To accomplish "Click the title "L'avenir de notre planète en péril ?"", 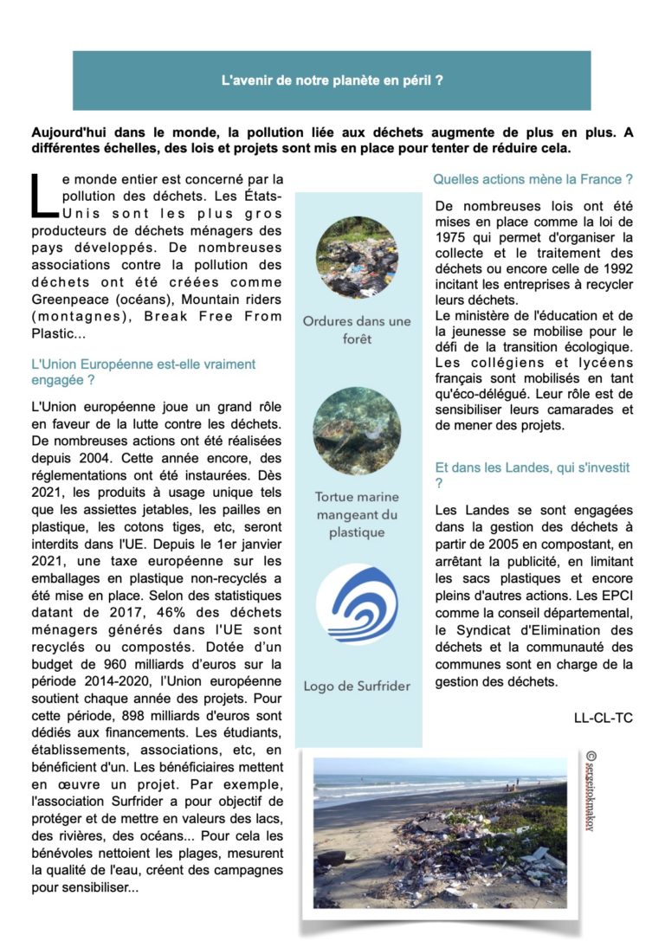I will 332,81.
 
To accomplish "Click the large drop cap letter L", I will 42,196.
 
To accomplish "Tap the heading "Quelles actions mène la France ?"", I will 533,179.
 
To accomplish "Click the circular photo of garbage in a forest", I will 357,257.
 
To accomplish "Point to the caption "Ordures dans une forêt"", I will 357,330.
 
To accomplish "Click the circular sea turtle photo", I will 357,430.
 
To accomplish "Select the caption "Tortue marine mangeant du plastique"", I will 357,514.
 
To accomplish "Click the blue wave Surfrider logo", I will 357,603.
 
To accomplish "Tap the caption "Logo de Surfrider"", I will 357,686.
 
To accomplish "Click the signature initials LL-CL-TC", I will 603,718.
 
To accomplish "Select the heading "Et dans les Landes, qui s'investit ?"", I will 532,474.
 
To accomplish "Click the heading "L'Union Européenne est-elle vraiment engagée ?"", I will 143,372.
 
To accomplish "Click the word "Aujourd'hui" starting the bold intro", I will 68,132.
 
